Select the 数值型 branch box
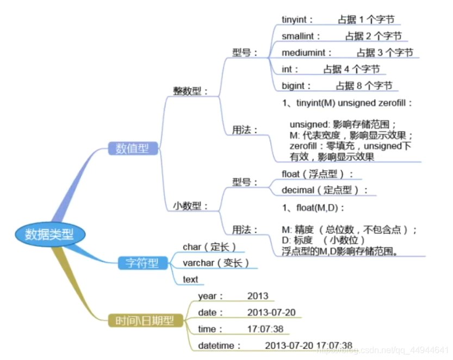[x=128, y=148]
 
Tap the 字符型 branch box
[x=139, y=264]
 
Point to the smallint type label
[x=301, y=36]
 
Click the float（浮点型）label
[x=317, y=174]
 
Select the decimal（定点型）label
[x=324, y=190]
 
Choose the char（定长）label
[x=209, y=247]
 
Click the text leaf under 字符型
[x=190, y=280]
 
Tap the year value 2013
[x=258, y=296]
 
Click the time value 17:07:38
[x=265, y=329]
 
